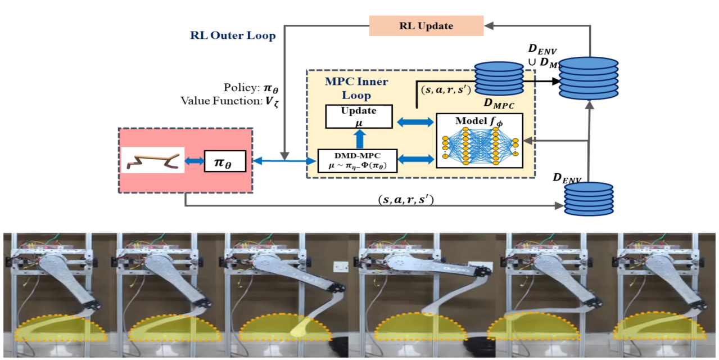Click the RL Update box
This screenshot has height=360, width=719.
tap(426, 26)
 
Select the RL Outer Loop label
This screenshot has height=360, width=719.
tap(233, 36)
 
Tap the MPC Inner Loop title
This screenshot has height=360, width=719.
tap(356, 88)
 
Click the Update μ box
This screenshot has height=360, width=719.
tap(358, 116)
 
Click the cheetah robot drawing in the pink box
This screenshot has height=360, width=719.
tap(153, 160)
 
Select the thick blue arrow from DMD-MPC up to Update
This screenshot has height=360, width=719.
tap(358, 138)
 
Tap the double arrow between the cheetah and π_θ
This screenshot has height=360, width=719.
tap(195, 161)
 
